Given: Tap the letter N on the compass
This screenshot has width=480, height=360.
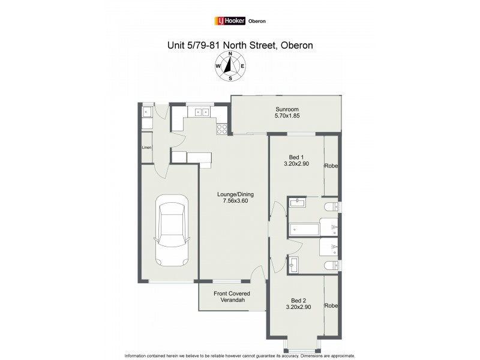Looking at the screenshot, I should pyautogui.click(x=230, y=53).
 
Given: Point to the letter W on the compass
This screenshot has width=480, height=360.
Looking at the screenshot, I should pyautogui.click(x=217, y=67).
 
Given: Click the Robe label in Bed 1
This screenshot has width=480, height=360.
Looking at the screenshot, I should pyautogui.click(x=331, y=166).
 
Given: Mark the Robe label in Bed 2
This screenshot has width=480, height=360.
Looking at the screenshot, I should pyautogui.click(x=331, y=305).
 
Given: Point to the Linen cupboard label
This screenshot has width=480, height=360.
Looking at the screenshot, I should pyautogui.click(x=146, y=147).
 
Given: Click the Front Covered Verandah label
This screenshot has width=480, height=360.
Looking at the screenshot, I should pyautogui.click(x=232, y=297).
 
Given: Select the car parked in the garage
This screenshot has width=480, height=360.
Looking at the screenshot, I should pyautogui.click(x=169, y=231).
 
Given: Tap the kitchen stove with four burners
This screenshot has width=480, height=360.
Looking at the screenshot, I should pyautogui.click(x=222, y=127).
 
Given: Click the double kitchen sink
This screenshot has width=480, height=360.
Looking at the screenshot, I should pyautogui.click(x=199, y=111).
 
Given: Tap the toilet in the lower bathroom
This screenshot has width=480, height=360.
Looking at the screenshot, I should pyautogui.click(x=330, y=265).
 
